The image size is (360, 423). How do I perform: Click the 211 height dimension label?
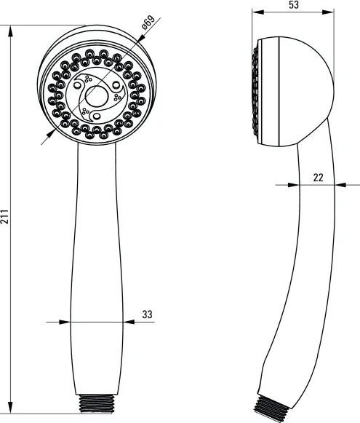pyautogui.click(x=4, y=217)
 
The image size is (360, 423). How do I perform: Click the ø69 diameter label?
pyautogui.click(x=148, y=22)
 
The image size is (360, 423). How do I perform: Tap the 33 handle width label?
pyautogui.click(x=147, y=315)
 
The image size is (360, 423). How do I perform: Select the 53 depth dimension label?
pyautogui.click(x=293, y=4)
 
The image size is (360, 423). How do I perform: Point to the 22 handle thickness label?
pyautogui.click(x=319, y=178)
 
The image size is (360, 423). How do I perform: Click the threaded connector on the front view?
pyautogui.click(x=97, y=403)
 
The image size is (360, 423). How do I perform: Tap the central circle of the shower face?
pyautogui.click(x=97, y=96)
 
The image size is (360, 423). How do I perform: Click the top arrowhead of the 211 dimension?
pyautogui.click(x=10, y=31)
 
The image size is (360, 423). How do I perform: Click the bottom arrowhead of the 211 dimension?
pyautogui.click(x=10, y=408)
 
